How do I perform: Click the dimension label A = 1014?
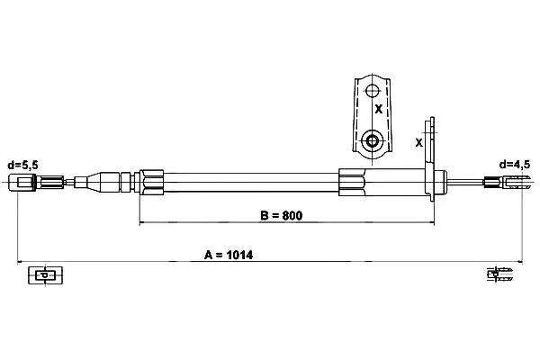(x=229, y=256)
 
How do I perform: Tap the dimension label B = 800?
(x=282, y=216)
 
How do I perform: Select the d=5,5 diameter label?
(x=23, y=166)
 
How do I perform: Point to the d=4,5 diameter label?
(x=515, y=165)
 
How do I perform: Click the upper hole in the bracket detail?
(x=372, y=91)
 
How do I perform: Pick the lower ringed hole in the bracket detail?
(x=372, y=140)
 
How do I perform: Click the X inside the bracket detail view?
(x=379, y=109)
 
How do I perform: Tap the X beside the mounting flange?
(x=418, y=142)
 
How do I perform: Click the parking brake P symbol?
(x=45, y=275)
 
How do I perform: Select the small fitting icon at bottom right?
(x=500, y=274)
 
